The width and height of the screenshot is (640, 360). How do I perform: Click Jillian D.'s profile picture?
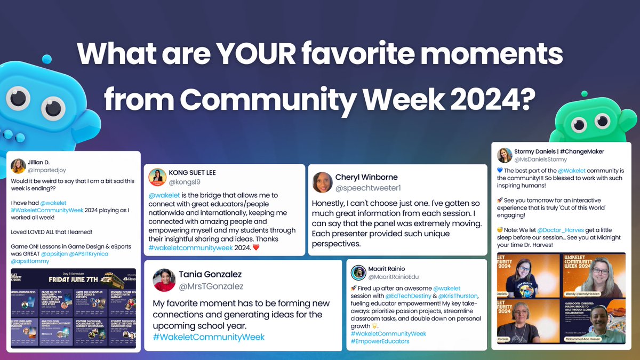pos(18,166)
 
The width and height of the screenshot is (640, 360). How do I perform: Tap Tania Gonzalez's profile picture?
pos(164,280)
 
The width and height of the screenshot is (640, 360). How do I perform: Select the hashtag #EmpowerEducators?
pos(380,341)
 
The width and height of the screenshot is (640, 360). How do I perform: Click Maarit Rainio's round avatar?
pos(358,273)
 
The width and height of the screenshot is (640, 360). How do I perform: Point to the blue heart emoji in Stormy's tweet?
pos(500,171)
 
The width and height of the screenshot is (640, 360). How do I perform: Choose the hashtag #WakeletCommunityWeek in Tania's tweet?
pos(209,337)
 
